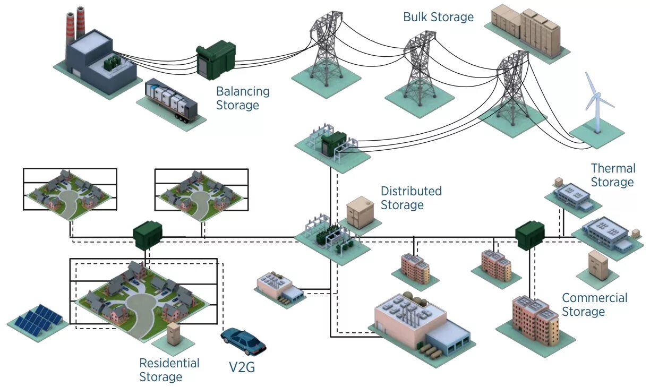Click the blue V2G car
click(243, 341)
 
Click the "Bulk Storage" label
click(438, 17)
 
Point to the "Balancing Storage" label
click(243, 98)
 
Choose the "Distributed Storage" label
click(410, 197)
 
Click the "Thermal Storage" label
click(612, 175)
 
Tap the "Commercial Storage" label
click(594, 305)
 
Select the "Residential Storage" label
click(169, 370)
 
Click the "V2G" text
click(238, 367)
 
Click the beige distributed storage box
click(361, 212)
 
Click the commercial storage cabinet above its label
click(597, 266)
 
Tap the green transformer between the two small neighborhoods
click(147, 234)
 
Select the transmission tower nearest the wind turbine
click(512, 85)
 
